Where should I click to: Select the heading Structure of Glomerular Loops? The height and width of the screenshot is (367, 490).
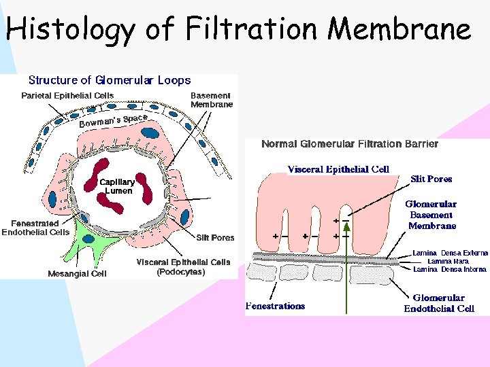tap(110, 80)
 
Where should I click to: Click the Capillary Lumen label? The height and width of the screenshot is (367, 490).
tap(117, 186)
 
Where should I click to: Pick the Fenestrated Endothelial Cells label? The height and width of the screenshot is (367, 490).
tap(35, 228)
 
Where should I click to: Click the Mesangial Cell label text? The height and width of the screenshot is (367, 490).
tap(77, 274)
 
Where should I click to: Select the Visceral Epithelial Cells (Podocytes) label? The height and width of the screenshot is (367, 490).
tap(183, 266)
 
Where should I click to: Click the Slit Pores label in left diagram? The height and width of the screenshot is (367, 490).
tap(215, 238)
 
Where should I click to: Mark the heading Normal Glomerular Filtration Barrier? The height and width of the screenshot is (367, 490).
tap(350, 144)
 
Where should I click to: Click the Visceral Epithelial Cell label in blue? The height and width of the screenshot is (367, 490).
tap(338, 169)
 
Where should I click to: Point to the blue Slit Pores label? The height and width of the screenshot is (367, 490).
tap(431, 179)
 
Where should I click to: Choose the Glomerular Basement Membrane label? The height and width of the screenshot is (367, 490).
tap(431, 215)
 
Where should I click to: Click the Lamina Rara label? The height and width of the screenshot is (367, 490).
tap(448, 261)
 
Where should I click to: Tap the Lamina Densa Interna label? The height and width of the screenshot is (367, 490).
tap(449, 269)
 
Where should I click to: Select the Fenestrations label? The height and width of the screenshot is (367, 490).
tap(275, 306)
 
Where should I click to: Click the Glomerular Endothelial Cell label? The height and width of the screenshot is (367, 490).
tap(439, 303)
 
